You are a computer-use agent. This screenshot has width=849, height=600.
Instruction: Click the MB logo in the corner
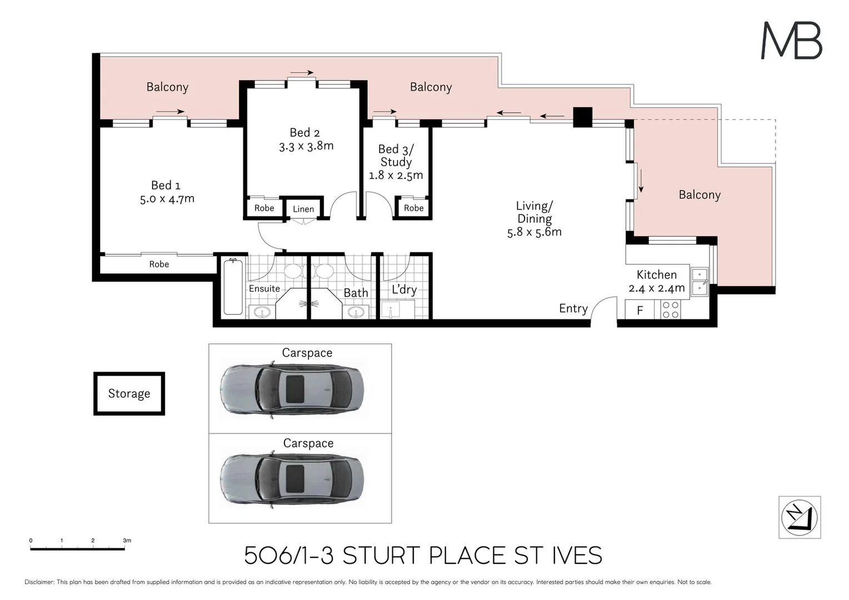[x=791, y=41]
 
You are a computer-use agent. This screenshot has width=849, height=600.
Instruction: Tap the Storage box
[x=129, y=393]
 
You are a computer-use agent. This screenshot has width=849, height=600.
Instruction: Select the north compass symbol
[x=800, y=517]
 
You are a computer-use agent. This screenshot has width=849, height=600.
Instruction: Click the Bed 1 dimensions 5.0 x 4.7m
[x=167, y=199]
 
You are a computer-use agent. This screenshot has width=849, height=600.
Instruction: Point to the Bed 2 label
[x=304, y=133]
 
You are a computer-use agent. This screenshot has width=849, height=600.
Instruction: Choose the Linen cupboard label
[x=303, y=209]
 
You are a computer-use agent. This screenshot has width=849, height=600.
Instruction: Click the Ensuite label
[x=264, y=288]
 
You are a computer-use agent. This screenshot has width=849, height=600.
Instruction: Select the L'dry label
[x=404, y=289]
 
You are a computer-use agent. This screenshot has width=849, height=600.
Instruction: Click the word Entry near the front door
[x=573, y=309]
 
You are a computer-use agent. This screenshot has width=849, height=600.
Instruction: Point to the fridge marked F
[x=640, y=310]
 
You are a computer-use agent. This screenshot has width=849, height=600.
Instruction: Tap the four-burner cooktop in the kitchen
[x=671, y=309]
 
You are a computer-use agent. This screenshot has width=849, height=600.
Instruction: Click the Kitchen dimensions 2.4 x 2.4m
[x=657, y=288]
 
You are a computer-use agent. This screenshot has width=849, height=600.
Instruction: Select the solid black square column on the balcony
[x=583, y=117]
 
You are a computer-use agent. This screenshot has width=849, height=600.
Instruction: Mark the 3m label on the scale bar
[x=127, y=540]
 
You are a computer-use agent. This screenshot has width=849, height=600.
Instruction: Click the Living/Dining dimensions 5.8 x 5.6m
[x=534, y=232]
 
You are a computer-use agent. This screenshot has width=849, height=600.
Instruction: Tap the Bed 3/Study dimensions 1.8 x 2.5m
[x=396, y=176]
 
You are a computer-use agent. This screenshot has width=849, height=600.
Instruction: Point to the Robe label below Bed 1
[x=159, y=264]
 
